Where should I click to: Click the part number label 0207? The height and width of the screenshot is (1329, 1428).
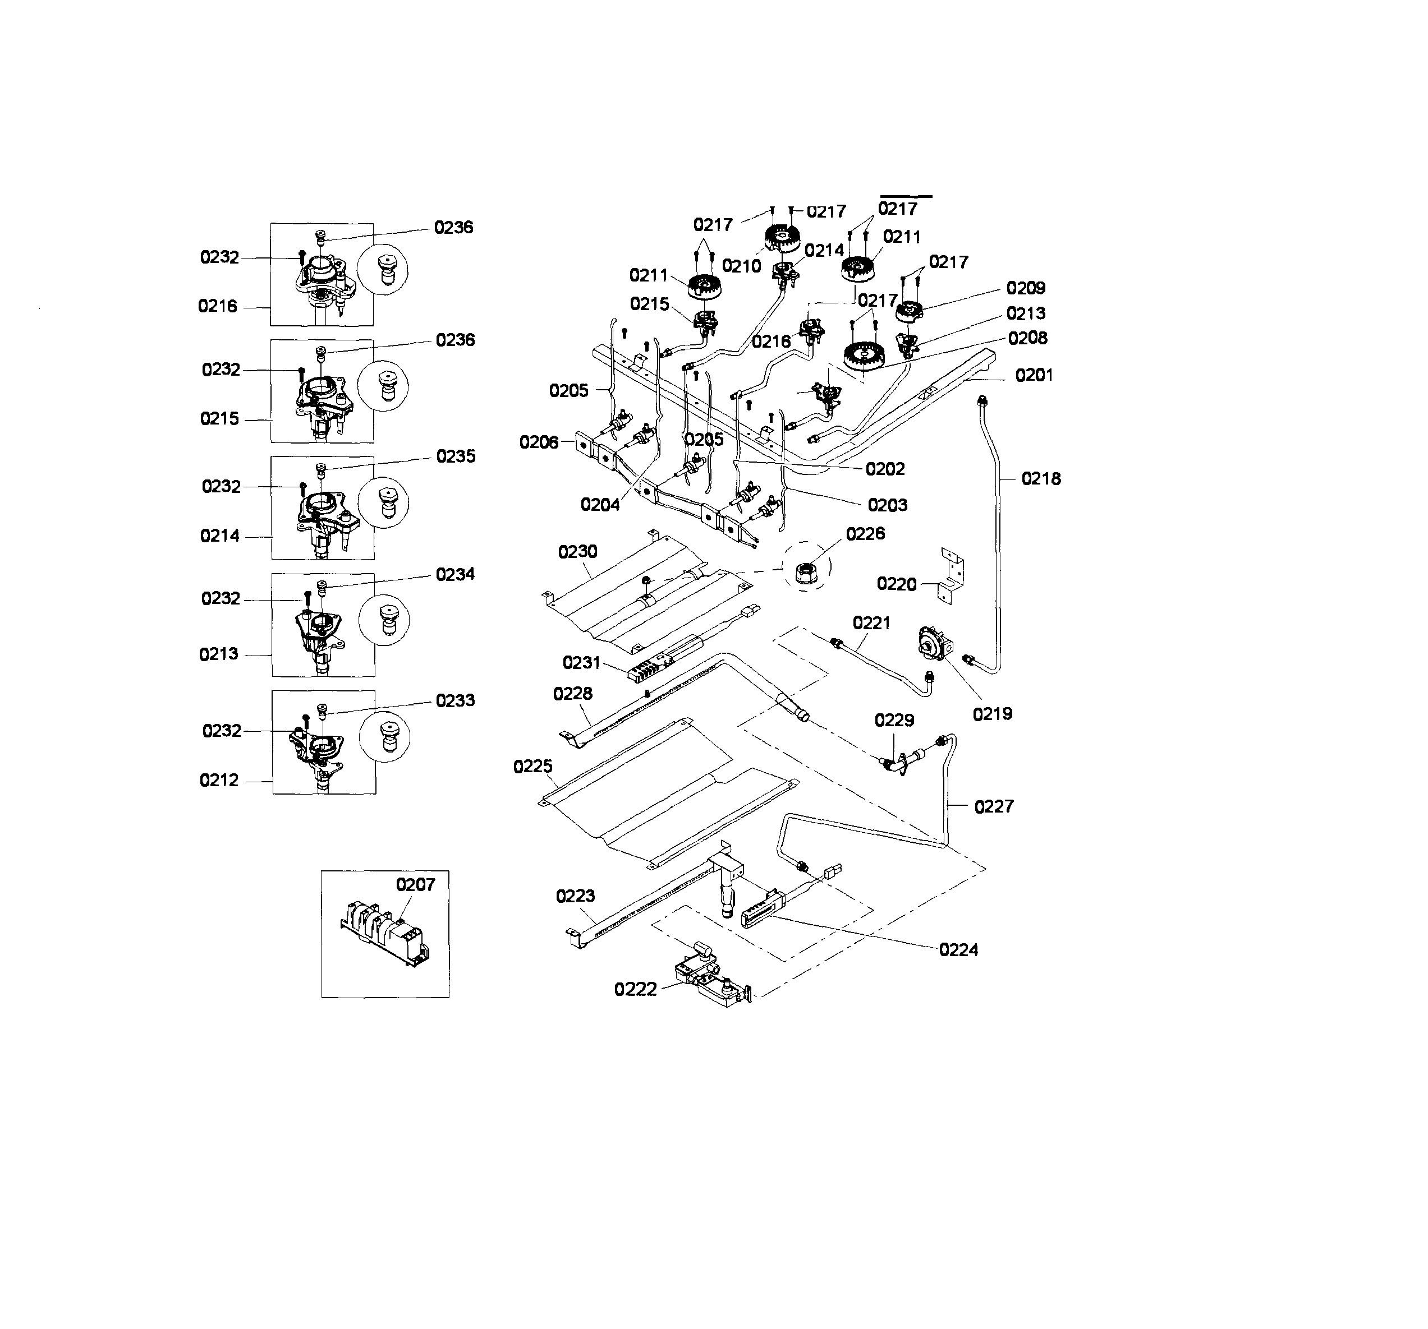coord(415,884)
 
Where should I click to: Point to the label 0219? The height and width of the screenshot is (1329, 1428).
coord(992,714)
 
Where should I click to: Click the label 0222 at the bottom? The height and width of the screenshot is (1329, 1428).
coord(635,989)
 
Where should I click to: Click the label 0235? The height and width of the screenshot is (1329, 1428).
coord(456,456)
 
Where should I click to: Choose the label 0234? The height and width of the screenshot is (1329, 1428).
coord(456,574)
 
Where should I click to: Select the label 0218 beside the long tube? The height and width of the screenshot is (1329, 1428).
coord(1041,478)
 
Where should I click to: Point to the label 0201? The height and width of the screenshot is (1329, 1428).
coord(1034,375)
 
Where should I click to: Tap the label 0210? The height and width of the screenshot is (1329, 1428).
coord(741,266)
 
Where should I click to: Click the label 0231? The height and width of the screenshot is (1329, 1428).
coord(581,662)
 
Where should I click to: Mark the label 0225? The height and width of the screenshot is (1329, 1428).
coord(532,767)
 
